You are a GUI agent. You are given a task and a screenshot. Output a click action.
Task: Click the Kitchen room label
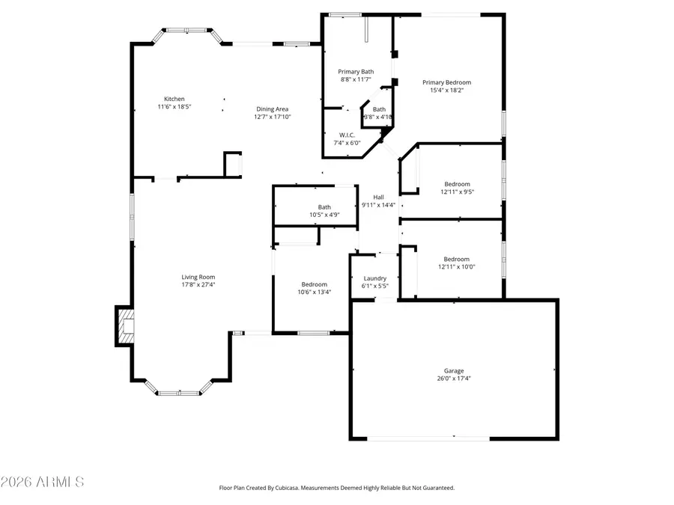point(174,99)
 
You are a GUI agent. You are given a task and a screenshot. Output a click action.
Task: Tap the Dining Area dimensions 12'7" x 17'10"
point(271,117)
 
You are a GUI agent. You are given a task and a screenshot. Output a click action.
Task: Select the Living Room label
point(198,277)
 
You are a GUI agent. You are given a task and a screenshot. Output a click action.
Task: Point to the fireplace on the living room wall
point(124,326)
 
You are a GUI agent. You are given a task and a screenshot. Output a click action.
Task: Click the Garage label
point(454,370)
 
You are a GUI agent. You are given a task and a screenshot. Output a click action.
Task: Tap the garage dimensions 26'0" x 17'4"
point(454,379)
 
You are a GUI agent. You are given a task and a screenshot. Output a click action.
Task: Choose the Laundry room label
point(374,278)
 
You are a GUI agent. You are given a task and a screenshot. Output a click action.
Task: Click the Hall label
point(378,197)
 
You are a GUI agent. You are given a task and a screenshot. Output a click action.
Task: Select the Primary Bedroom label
point(446,82)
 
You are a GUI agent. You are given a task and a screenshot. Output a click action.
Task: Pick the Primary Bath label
point(356,71)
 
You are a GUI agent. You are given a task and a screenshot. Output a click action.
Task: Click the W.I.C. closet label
point(347,135)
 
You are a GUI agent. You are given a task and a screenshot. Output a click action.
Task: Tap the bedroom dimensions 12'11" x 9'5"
point(457,192)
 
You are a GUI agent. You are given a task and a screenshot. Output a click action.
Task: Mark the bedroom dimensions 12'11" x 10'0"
point(457,266)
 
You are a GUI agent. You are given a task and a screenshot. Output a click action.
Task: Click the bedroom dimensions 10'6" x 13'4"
point(314,292)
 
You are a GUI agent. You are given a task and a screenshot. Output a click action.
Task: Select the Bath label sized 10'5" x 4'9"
point(324,207)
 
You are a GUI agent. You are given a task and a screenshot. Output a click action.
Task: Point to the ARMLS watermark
point(43,481)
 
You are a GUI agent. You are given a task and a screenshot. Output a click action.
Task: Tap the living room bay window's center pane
point(179,393)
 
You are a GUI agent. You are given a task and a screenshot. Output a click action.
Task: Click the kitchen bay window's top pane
point(186,30)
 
